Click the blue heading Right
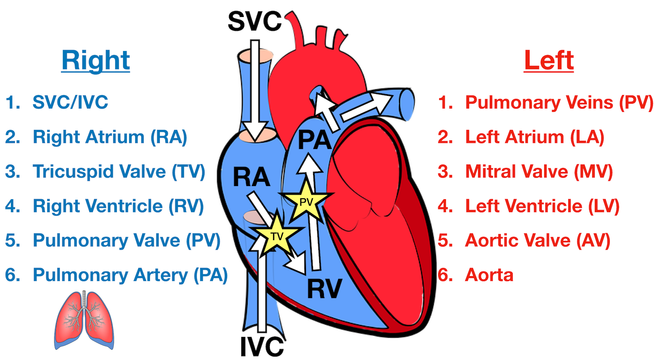pyautogui.click(x=95, y=60)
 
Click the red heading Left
pyautogui.click(x=548, y=60)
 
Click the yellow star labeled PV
pyautogui.click(x=306, y=201)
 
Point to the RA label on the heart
pyautogui.click(x=251, y=177)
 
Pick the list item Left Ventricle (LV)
pyautogui.click(x=542, y=206)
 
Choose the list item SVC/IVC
pyautogui.click(x=70, y=102)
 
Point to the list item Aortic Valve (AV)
pyautogui.click(x=537, y=241)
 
